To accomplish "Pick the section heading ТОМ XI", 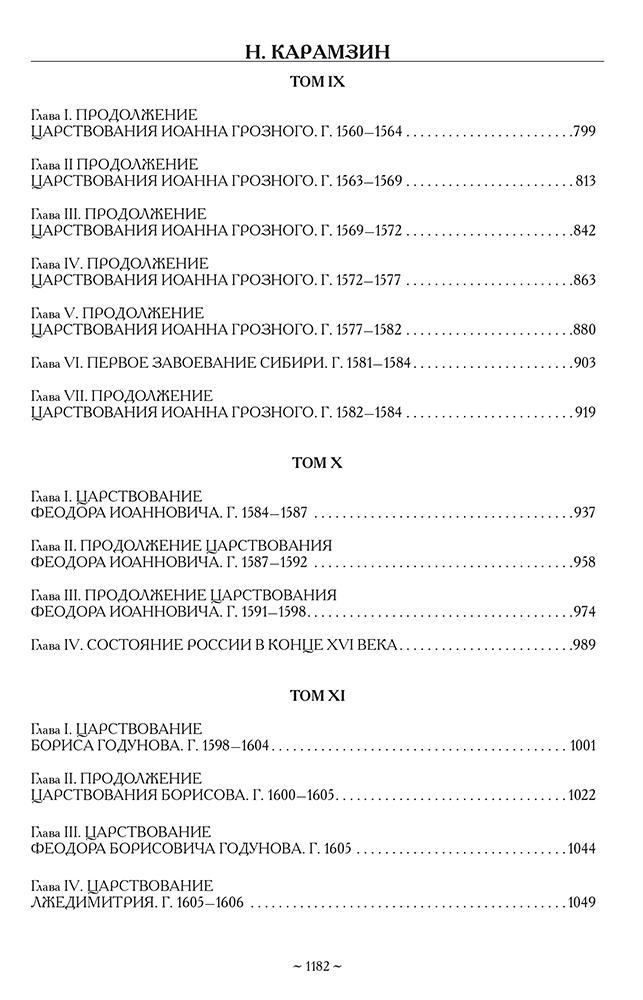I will coord(318,694).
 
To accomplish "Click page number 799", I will coord(584,131).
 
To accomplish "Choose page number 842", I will coord(584,231).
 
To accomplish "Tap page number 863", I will coord(584,280).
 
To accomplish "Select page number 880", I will coord(584,330).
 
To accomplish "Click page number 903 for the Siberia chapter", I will coord(584,363).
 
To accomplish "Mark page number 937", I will coord(584,513).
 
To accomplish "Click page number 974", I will coord(584,612).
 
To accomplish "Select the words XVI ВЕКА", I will coord(359,645).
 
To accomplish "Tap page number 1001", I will coord(581,745).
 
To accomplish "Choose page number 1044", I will coord(581,849).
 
